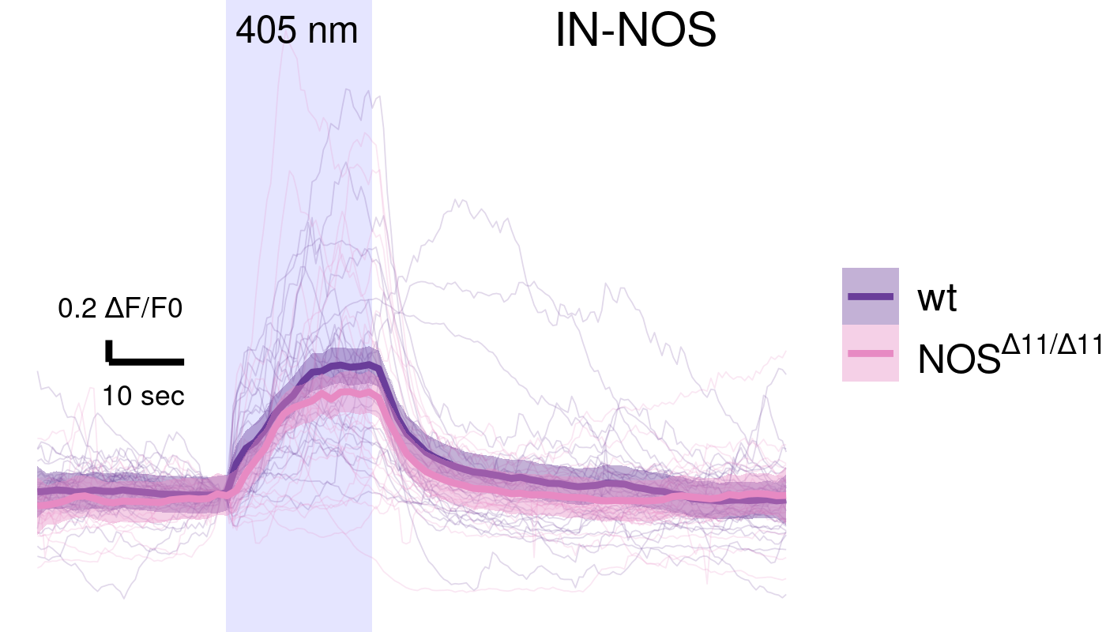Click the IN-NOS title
coord(636,32)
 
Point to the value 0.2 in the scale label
coord(77,309)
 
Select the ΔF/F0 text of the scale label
coord(143,309)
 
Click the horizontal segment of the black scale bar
coord(147,362)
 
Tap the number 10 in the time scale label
coord(116,396)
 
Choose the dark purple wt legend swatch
coord(871,296)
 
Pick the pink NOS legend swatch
coord(871,353)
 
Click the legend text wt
coord(937,299)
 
